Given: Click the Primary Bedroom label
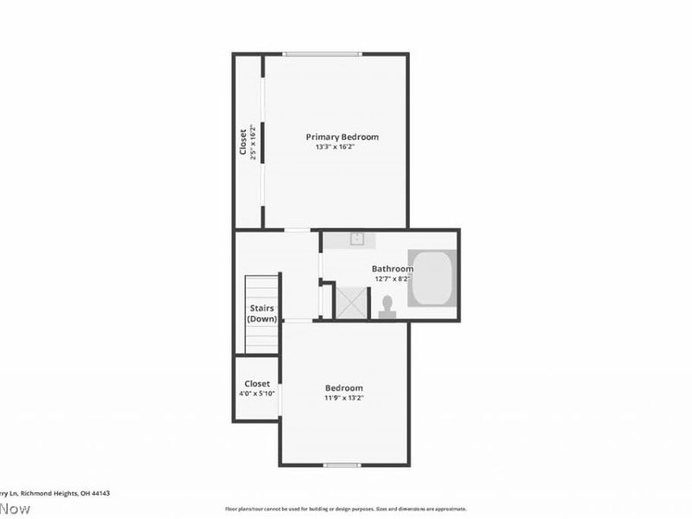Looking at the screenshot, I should [x=342, y=137].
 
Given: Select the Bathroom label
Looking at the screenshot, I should [x=392, y=269].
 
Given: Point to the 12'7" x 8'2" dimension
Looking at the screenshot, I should [x=392, y=279].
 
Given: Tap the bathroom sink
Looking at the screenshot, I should [x=356, y=239].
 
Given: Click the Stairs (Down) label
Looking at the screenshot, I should [x=262, y=313].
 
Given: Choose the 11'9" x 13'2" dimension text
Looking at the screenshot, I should [x=344, y=399].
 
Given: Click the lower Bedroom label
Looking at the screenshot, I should [x=344, y=388].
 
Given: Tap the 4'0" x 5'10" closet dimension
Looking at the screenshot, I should [x=257, y=394].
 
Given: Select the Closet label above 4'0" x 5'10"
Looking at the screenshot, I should [x=257, y=383].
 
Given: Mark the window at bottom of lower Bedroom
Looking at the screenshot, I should [x=342, y=465].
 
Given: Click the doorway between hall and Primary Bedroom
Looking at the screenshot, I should [x=298, y=229].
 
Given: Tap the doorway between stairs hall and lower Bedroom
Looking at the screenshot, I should [x=298, y=321].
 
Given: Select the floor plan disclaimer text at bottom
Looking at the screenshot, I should [x=346, y=509].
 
